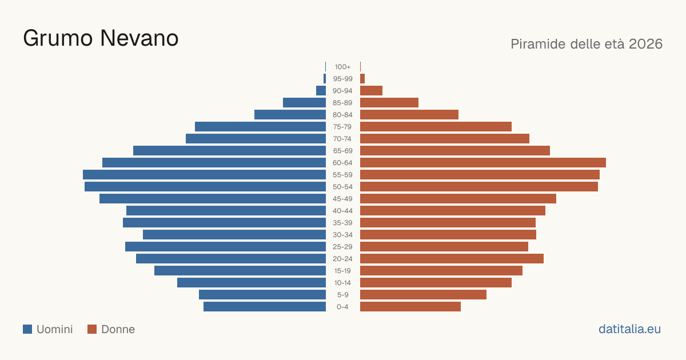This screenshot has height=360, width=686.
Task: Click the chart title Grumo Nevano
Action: pyautogui.click(x=101, y=38)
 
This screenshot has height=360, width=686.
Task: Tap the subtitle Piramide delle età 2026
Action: pyautogui.click(x=587, y=44)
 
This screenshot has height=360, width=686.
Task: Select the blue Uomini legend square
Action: pyautogui.click(x=27, y=329)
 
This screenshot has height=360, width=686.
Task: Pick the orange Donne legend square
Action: pyautogui.click(x=92, y=329)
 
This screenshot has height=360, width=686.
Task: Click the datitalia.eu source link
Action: pyautogui.click(x=629, y=329)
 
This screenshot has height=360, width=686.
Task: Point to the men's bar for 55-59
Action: pyautogui.click(x=204, y=174)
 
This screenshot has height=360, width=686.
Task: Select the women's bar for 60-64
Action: pyautogui.click(x=483, y=162)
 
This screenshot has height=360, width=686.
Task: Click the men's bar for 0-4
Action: pyautogui.click(x=265, y=306)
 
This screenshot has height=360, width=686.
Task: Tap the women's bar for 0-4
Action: pyautogui.click(x=410, y=306)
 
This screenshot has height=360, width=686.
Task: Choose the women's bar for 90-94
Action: pyautogui.click(x=371, y=91)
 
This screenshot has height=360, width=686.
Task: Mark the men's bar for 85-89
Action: pyautogui.click(x=304, y=102)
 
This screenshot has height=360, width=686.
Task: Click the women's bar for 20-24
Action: pyautogui.click(x=452, y=259)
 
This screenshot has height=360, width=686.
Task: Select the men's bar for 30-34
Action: pyautogui.click(x=234, y=234)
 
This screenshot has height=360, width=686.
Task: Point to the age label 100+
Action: pyautogui.click(x=342, y=67)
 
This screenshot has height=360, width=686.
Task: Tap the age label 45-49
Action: pyautogui.click(x=342, y=199)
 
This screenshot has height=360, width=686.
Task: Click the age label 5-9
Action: pyautogui.click(x=342, y=294)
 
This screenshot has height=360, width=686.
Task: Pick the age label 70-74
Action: pyautogui.click(x=342, y=139)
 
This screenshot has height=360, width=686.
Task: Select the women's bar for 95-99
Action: pyautogui.click(x=362, y=79)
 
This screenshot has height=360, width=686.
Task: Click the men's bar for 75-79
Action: pyautogui.click(x=260, y=126)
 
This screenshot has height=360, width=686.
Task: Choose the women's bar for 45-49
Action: pyautogui.click(x=458, y=199)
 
